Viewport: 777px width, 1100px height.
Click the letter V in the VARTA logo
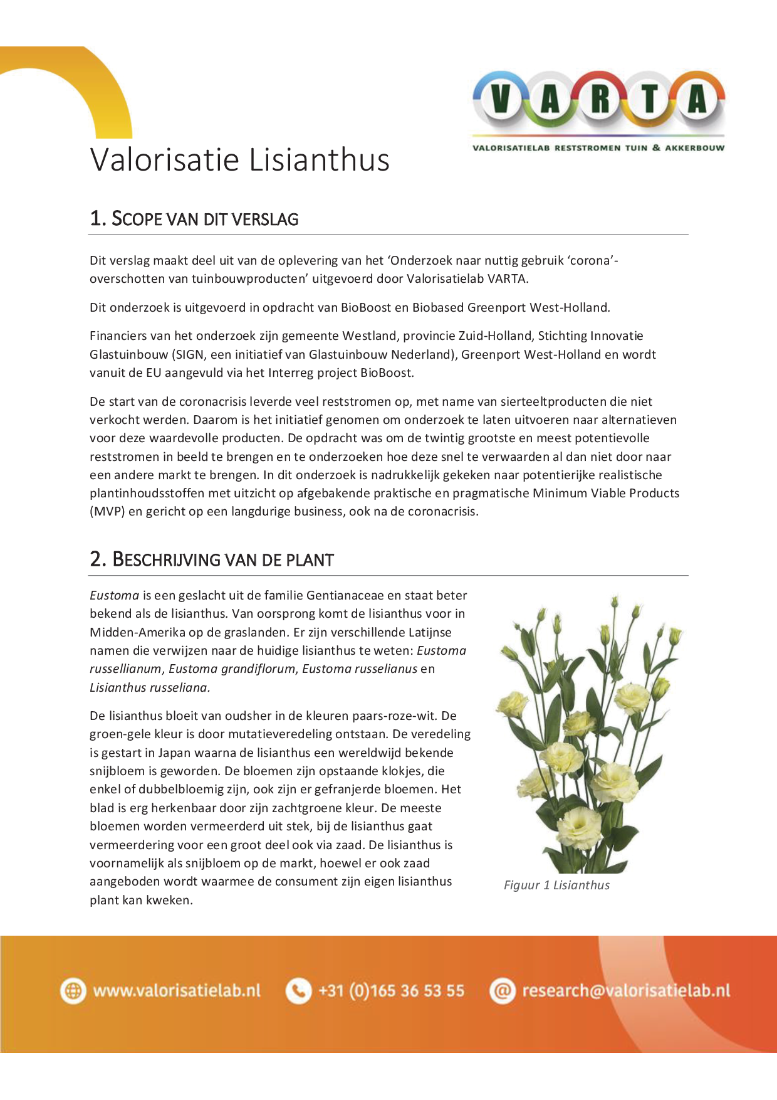coord(500,100)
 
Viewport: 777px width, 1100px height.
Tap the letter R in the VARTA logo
coord(600,100)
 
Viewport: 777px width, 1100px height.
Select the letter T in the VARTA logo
coord(650,100)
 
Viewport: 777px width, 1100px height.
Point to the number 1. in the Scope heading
coord(97,218)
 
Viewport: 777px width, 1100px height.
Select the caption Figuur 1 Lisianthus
coord(556,885)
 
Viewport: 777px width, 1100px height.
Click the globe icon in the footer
coord(73,991)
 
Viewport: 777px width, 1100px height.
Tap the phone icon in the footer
coord(298,991)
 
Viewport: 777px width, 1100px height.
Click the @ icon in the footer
coord(502,991)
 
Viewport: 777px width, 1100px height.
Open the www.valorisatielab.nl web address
coord(177,991)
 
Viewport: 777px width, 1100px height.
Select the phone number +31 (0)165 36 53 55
coord(392,991)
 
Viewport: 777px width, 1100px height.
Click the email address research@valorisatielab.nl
coord(626,991)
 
